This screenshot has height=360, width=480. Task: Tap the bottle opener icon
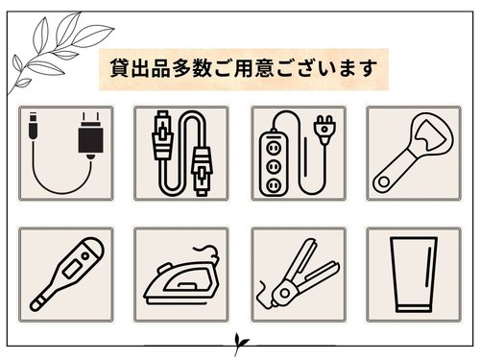[414, 154]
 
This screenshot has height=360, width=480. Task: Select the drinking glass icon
[414, 275]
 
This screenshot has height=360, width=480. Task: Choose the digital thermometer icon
[67, 274]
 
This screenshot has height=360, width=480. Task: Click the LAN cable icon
[181, 154]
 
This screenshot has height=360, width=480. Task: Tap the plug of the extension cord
[325, 131]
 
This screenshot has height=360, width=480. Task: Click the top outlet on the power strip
[274, 148]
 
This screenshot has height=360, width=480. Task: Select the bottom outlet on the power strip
[274, 185]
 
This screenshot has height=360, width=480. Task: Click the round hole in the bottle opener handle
[384, 182]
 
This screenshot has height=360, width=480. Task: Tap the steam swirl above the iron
[208, 252]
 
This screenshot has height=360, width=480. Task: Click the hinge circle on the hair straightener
[284, 293]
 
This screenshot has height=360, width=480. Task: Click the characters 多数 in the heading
[192, 68]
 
